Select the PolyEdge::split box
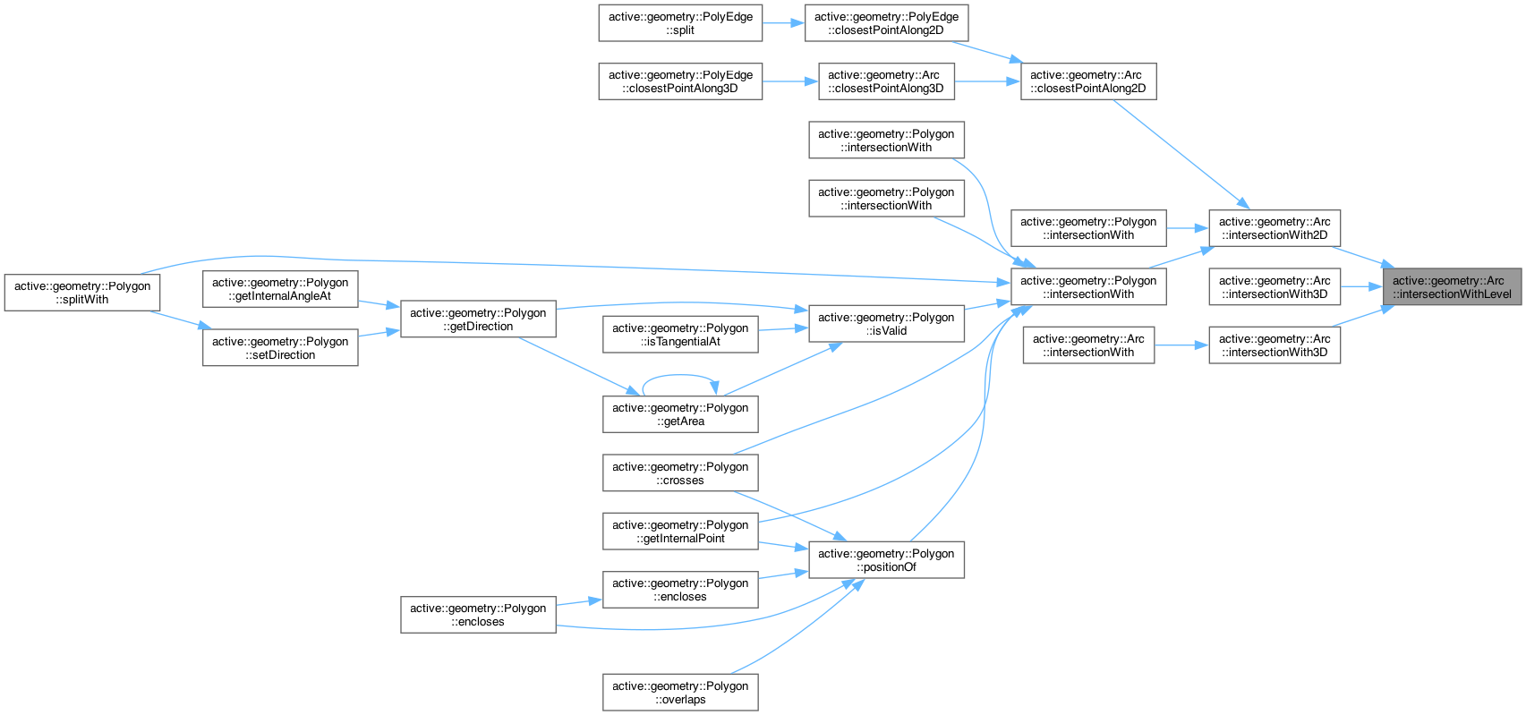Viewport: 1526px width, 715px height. [680, 23]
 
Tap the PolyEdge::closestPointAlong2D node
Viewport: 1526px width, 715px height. [886, 23]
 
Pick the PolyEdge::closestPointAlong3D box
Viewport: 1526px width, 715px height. [680, 81]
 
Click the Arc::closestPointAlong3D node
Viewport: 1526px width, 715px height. [886, 81]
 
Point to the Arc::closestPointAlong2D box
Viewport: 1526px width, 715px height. [1087, 81]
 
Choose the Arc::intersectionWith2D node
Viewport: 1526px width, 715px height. [1275, 228]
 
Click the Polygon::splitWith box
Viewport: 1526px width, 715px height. [82, 293]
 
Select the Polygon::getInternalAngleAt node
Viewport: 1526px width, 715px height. [280, 289]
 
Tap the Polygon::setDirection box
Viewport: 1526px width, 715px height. [280, 348]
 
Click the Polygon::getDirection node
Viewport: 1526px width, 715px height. [478, 319]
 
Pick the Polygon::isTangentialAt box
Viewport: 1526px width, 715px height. [680, 335]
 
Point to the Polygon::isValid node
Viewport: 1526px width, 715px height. [886, 324]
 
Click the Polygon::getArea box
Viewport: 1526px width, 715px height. [680, 414]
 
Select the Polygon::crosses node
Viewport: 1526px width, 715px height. [680, 473]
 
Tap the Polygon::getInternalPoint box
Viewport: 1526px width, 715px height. [680, 532]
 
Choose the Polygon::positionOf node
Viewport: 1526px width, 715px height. [886, 560]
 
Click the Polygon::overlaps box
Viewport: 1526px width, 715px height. [680, 693]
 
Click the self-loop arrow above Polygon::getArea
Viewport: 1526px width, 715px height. [678, 376]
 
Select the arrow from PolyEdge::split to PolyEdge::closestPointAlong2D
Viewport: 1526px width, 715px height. [783, 23]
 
